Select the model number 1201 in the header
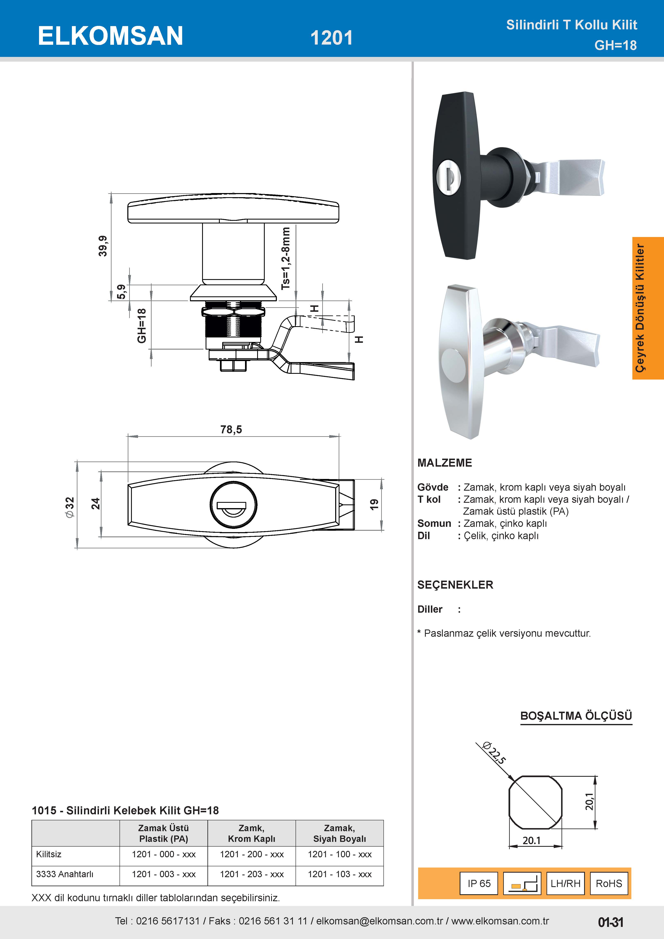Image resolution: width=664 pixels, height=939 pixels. pyautogui.click(x=331, y=38)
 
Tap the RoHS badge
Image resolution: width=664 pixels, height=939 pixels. pyautogui.click(x=609, y=883)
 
